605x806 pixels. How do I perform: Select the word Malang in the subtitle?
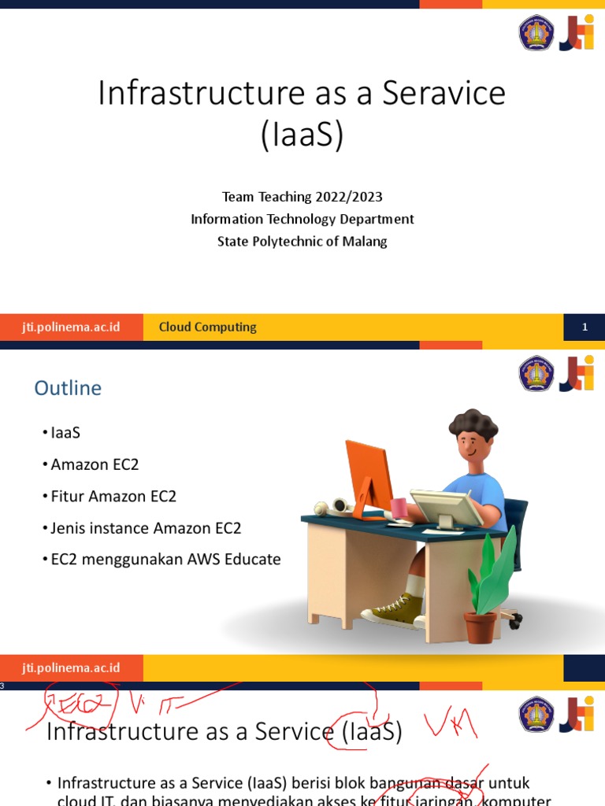(x=365, y=242)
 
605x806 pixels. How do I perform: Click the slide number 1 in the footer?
(x=585, y=327)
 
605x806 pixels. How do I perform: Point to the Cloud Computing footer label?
(x=208, y=327)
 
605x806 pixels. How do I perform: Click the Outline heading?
(x=68, y=388)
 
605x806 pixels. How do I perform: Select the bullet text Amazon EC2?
(x=95, y=464)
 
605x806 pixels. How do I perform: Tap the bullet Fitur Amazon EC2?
(x=113, y=496)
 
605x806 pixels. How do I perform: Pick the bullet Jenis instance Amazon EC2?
(x=146, y=528)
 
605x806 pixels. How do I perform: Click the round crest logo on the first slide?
(x=536, y=34)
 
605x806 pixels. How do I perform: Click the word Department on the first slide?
(x=377, y=219)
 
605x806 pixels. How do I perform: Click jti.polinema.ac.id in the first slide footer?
(x=71, y=327)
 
